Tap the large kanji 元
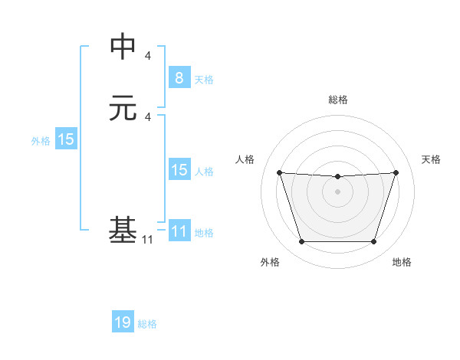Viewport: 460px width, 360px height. [x=123, y=108]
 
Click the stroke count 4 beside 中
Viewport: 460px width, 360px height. [x=148, y=55]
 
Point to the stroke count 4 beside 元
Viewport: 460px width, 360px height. [x=148, y=117]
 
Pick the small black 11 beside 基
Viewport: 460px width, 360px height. [x=147, y=240]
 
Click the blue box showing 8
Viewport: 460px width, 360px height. [x=179, y=77]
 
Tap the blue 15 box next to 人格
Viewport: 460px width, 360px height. [x=179, y=170]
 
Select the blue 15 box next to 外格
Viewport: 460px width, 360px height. [x=66, y=140]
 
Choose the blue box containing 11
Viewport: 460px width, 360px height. [x=179, y=231]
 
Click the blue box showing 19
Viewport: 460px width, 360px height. [x=123, y=322]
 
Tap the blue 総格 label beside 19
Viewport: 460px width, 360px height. [x=147, y=324]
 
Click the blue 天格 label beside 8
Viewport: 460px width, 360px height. [x=204, y=80]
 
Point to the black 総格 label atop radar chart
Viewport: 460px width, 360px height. [x=337, y=100]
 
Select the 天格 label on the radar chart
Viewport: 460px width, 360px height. [x=431, y=159]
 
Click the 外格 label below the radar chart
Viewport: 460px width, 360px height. [x=270, y=263]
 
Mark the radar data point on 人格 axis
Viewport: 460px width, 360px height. [x=279, y=172]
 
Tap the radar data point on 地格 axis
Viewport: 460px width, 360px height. [x=373, y=242]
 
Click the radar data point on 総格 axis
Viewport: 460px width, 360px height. [x=337, y=177]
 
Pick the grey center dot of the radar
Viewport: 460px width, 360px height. [x=337, y=191]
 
